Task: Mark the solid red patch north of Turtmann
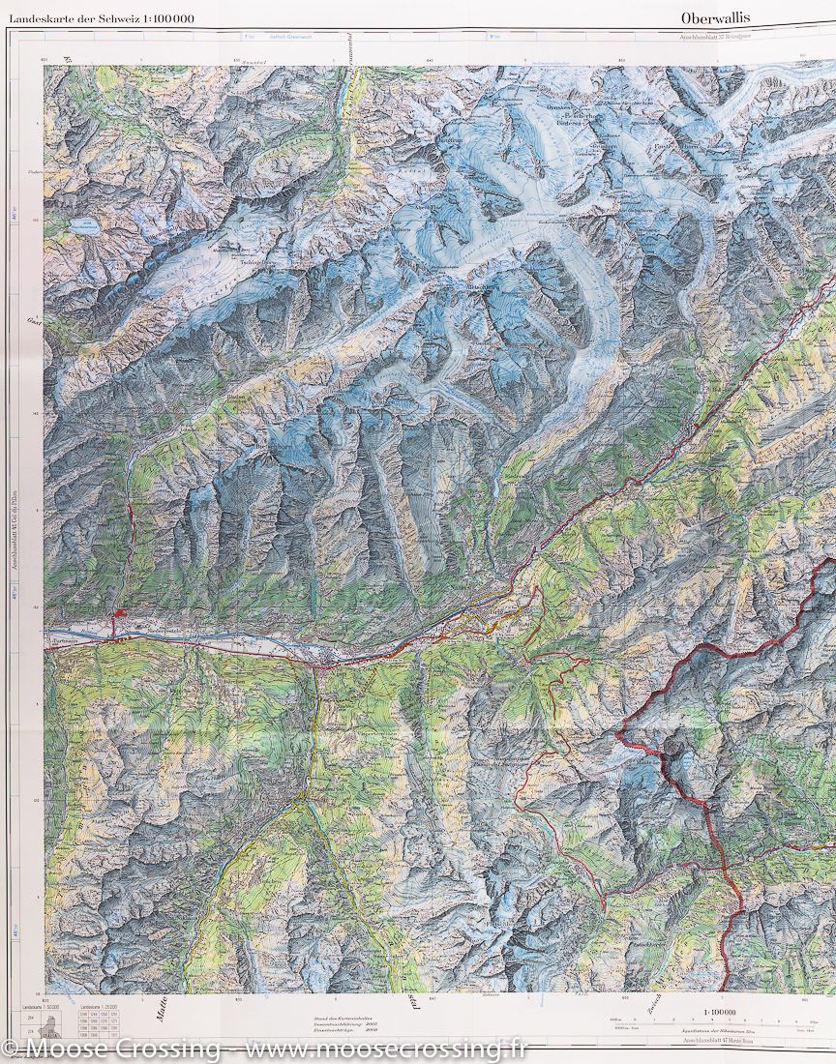(119, 611)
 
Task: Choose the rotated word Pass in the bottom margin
(407, 1006)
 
